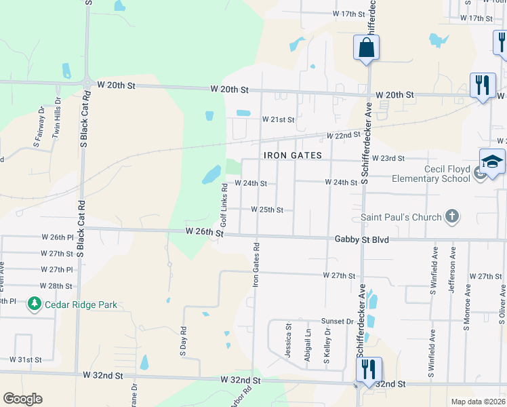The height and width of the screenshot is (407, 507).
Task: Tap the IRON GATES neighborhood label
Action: tap(292, 155)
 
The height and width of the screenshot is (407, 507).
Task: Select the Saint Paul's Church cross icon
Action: tap(452, 217)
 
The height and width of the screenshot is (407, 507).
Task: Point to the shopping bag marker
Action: tap(366, 48)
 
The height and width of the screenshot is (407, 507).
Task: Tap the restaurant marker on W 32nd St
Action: tap(369, 370)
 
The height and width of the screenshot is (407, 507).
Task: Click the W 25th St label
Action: tap(267, 210)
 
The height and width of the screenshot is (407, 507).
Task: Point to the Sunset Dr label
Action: tap(338, 321)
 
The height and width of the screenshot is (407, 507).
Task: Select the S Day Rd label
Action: tap(183, 343)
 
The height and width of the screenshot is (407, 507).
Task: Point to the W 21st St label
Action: tap(278, 119)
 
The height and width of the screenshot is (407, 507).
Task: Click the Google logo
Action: tap(22, 399)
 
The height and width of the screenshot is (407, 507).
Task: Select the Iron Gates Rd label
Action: tap(256, 265)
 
